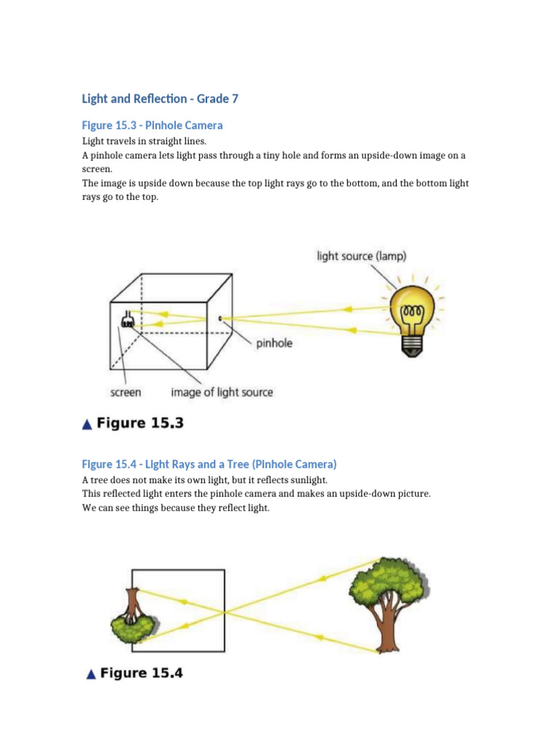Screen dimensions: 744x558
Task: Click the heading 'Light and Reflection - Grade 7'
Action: tap(160, 98)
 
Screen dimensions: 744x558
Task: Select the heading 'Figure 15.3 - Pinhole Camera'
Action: tap(152, 125)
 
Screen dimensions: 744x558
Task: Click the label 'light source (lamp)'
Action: tap(361, 256)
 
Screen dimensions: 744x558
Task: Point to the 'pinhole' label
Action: tap(274, 342)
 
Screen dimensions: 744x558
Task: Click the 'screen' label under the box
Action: tap(125, 392)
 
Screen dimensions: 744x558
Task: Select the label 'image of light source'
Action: tap(222, 392)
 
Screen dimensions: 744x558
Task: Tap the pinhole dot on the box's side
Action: tap(219, 318)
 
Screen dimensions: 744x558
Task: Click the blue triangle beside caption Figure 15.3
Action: tap(87, 424)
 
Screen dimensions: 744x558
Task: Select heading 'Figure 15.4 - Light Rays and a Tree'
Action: tap(209, 464)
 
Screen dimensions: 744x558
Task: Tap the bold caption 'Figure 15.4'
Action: tap(142, 674)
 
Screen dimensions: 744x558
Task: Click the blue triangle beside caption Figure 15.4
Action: tap(90, 675)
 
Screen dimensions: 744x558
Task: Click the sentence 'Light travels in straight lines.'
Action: tap(144, 141)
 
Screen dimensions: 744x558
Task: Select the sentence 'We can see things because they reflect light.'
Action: tap(176, 508)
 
